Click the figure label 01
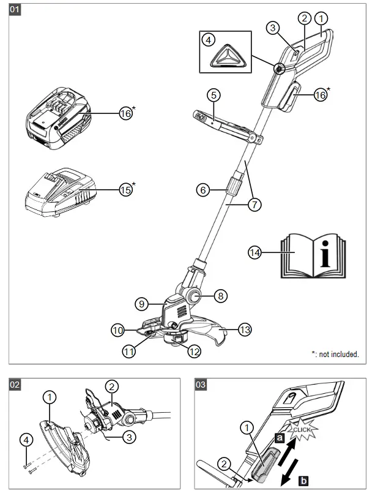(15, 10)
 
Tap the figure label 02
(15, 385)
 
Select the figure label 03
(201, 385)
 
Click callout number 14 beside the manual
(256, 251)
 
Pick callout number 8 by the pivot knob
(221, 296)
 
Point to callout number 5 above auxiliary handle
(213, 95)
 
